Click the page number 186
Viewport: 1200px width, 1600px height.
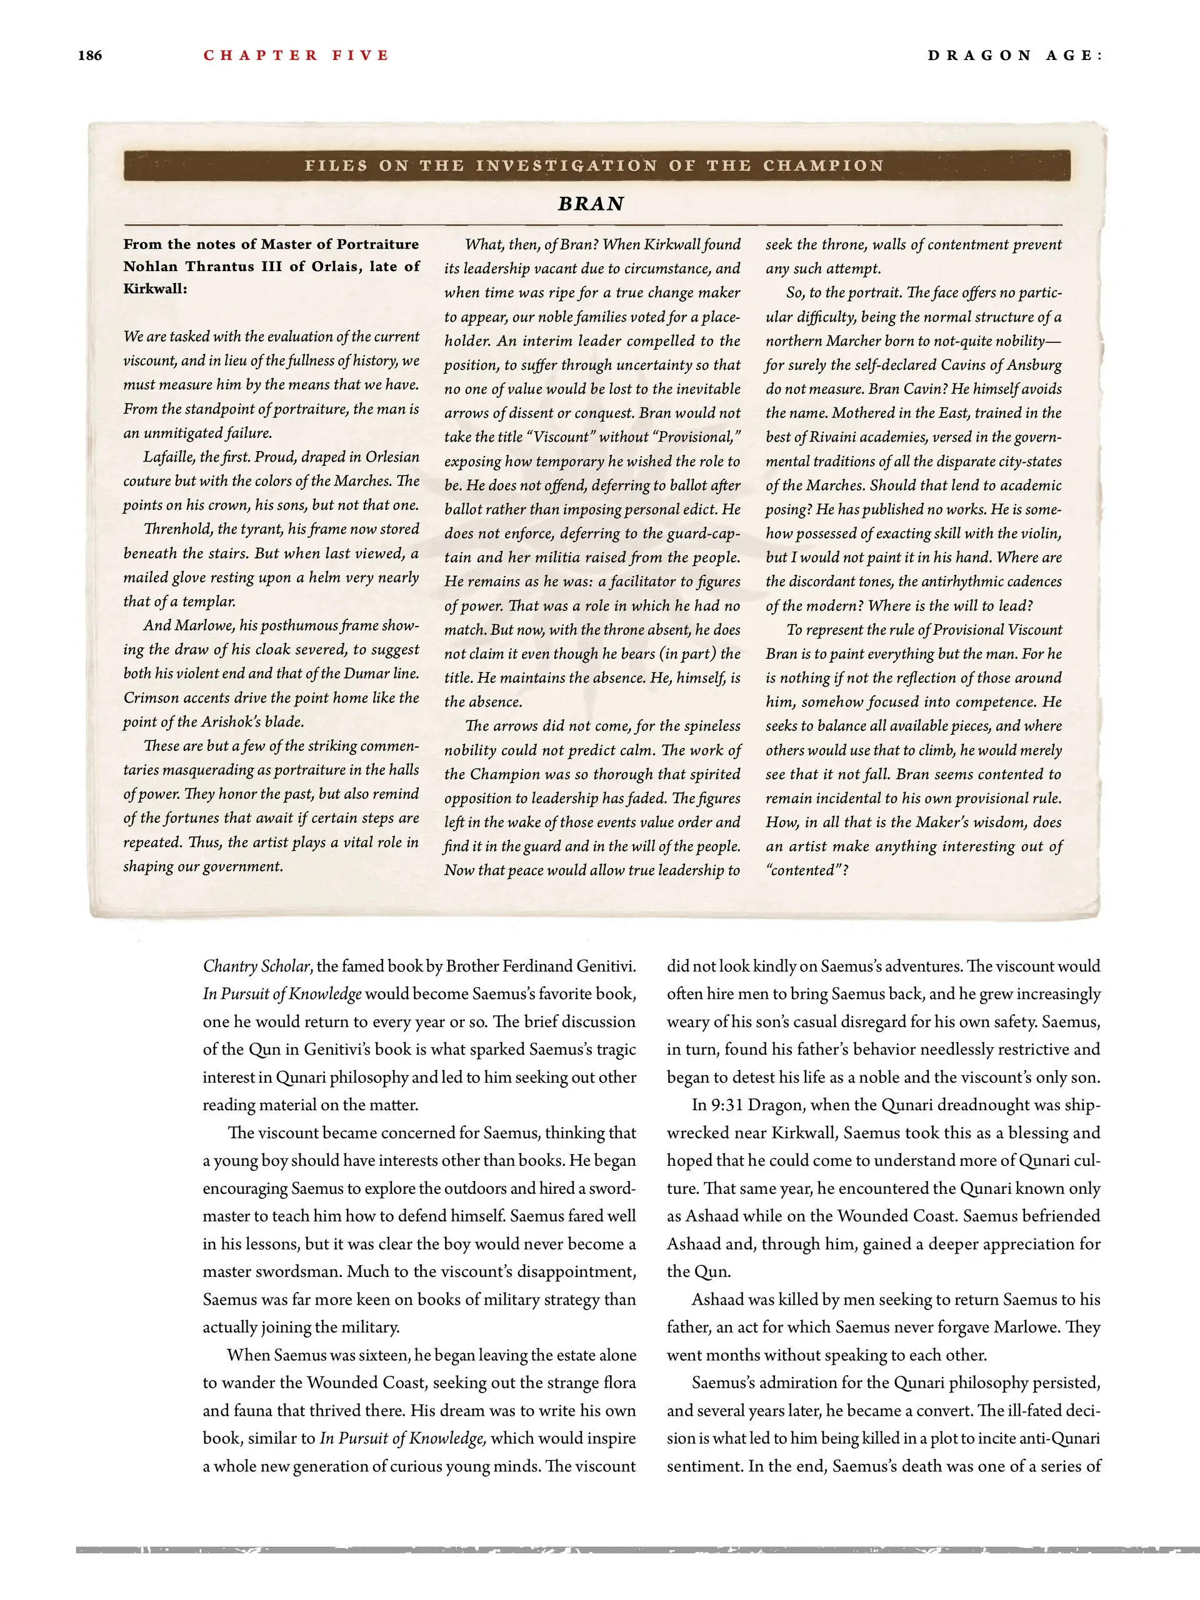90,56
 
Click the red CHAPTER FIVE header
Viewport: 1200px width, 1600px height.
296,56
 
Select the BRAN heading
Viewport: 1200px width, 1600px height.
591,204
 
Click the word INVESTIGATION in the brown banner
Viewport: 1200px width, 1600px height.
566,166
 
